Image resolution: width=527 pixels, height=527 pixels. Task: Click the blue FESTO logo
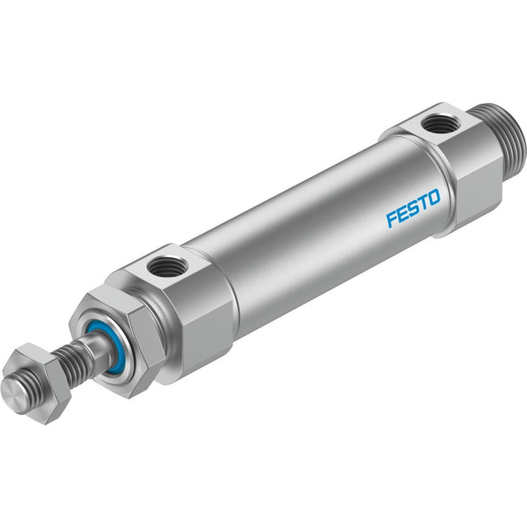413,208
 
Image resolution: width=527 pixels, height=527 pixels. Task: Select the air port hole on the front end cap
163,265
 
